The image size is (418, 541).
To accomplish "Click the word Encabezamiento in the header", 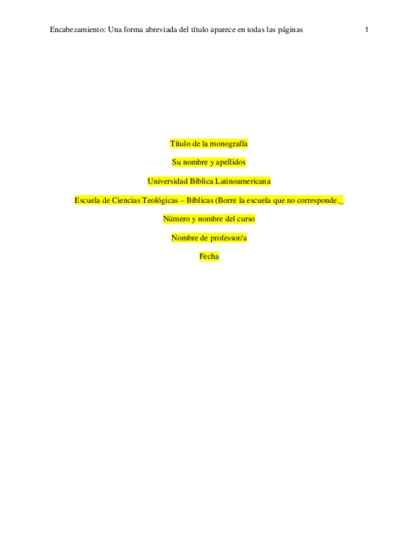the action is coord(77,30).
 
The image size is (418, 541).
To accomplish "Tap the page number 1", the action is coord(366,30).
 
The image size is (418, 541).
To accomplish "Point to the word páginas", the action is coord(291,30).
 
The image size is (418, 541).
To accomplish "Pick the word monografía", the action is coord(229,144).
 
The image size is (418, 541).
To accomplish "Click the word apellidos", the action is coord(231,162).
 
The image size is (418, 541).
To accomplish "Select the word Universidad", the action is coord(168,181).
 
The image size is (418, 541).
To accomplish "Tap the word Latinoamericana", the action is coord(243,181).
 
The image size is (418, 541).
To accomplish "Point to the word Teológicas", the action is coord(160,201).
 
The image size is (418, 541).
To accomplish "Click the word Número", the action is coord(176,219).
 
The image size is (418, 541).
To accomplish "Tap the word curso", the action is coord(245,219).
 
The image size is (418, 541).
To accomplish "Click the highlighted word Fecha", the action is coord(209,257).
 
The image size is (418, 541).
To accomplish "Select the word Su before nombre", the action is coord(176,162).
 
